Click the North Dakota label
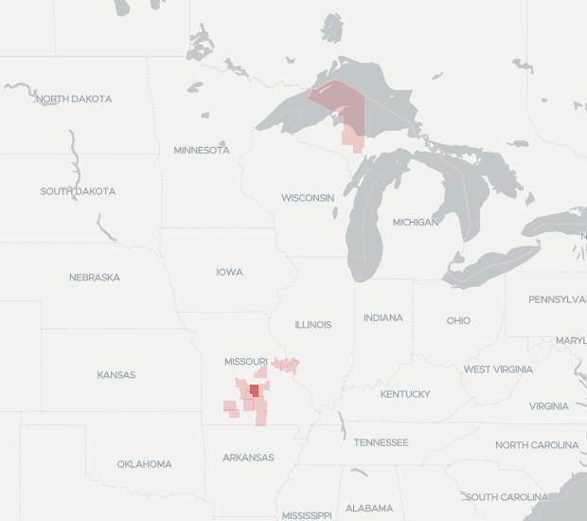point(74,99)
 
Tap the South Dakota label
point(78,191)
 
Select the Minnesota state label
point(202,151)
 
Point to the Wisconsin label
point(308,198)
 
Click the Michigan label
point(416,223)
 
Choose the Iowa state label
point(229,273)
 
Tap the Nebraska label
point(95,278)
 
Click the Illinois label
point(313,325)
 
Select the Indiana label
point(383,318)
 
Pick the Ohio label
point(458,321)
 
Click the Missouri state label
point(246,362)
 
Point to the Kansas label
point(116,375)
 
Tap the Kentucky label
point(405,394)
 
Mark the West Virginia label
point(498,369)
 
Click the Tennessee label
point(382,442)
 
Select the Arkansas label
point(248,458)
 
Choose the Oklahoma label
point(145,464)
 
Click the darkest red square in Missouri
point(254,390)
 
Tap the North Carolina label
point(537,445)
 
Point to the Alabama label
point(369,509)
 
